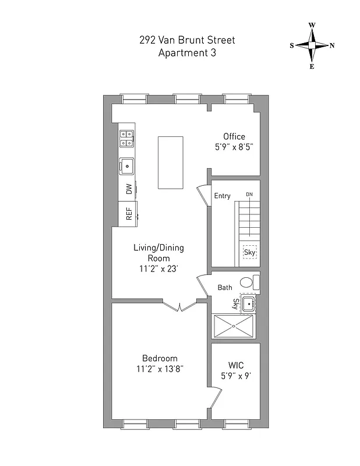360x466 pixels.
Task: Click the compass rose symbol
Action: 312,45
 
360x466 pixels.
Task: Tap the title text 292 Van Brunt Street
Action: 188,40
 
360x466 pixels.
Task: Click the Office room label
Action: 234,137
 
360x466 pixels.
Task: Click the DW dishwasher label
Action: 128,189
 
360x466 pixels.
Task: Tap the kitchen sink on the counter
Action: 126,167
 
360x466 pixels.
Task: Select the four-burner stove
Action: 126,138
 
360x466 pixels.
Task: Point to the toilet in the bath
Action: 249,283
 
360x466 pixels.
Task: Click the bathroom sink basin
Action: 248,303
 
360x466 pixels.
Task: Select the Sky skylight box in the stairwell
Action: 249,252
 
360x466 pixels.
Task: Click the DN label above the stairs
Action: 249,194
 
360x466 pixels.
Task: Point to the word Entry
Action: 223,196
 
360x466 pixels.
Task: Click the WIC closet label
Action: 236,365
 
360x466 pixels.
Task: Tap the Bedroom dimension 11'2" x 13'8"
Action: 160,369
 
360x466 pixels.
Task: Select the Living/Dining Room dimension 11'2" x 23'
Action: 158,269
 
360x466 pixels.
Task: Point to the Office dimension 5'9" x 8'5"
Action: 234,147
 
